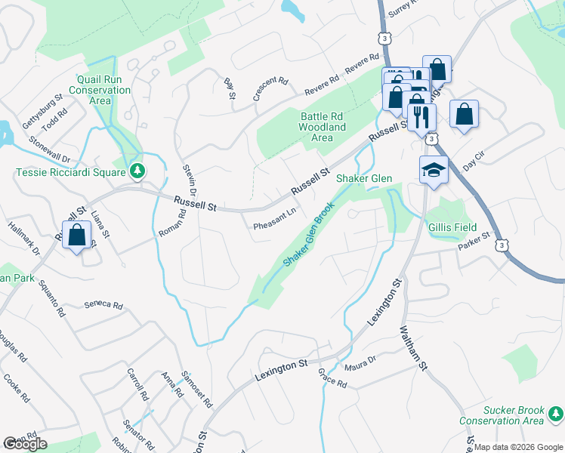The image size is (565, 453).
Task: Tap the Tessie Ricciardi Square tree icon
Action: tap(137, 171)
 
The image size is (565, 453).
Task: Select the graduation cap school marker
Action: tap(434, 171)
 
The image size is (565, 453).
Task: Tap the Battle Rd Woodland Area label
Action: tap(323, 127)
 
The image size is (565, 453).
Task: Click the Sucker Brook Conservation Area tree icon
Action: tap(555, 414)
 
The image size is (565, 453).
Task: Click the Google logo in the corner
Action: tap(25, 444)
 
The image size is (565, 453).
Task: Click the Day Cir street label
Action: tap(470, 165)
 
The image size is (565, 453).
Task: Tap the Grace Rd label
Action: tap(332, 379)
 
